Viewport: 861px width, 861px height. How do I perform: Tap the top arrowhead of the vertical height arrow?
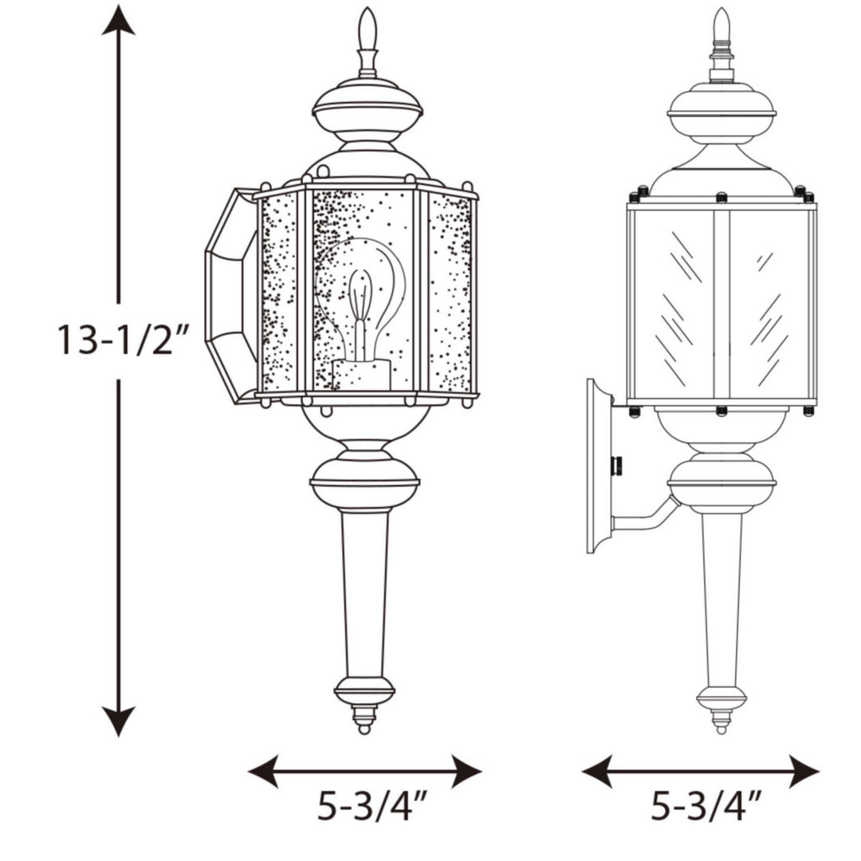[119, 20]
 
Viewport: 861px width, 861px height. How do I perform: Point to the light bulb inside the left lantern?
[360, 295]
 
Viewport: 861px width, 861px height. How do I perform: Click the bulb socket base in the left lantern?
[361, 375]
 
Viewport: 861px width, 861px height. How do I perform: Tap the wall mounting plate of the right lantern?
[597, 466]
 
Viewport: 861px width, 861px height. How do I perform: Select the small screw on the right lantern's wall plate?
[616, 466]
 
